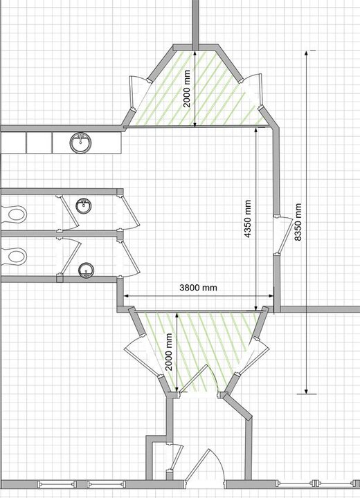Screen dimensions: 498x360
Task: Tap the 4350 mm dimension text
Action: pyautogui.click(x=247, y=218)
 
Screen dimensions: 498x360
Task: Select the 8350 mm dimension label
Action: pyautogui.click(x=298, y=221)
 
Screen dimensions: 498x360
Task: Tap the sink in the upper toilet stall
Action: pyautogui.click(x=84, y=205)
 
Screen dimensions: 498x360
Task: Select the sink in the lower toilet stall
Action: pyautogui.click(x=85, y=269)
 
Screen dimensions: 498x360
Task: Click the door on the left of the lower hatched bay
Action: pyautogui.click(x=138, y=353)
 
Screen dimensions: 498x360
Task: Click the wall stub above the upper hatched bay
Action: pyautogui.click(x=196, y=21)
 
